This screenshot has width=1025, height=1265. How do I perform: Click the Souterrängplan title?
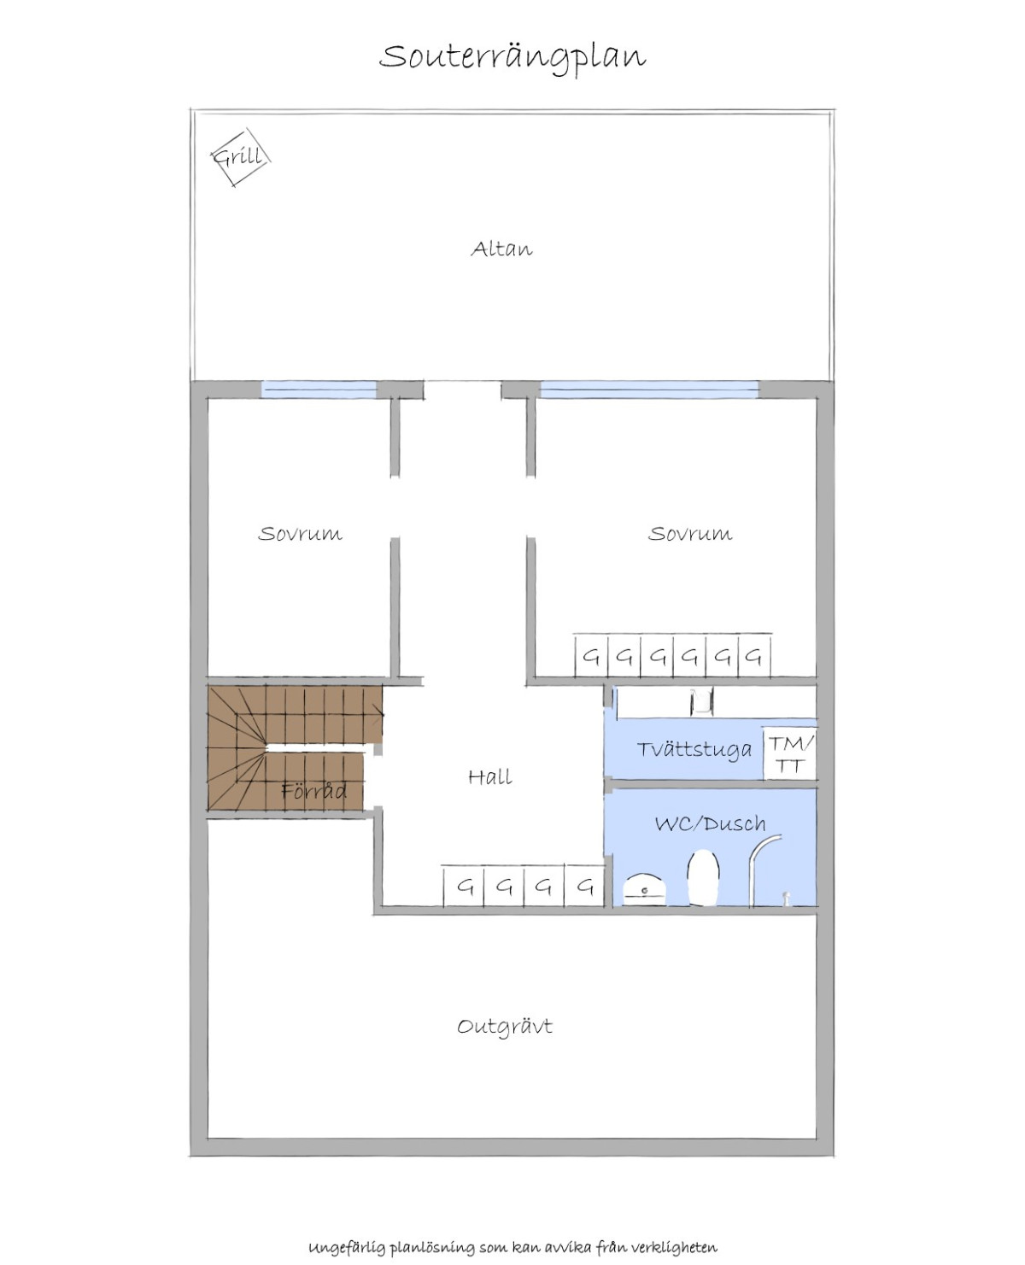tap(512, 58)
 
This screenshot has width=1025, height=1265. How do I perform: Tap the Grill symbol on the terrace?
tap(241, 157)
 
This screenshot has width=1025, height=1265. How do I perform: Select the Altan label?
tap(501, 249)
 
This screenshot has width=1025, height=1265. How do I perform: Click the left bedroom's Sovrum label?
tap(300, 533)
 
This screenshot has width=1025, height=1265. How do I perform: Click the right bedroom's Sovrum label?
tap(689, 533)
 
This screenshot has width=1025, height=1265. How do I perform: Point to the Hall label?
tap(490, 776)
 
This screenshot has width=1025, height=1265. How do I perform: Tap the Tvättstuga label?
tap(694, 749)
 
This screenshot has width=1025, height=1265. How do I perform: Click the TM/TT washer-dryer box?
tap(789, 753)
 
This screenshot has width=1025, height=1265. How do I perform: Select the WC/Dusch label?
tap(711, 823)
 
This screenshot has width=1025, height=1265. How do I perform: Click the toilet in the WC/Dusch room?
tap(703, 878)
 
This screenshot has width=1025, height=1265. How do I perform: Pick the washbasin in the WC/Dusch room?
tap(645, 889)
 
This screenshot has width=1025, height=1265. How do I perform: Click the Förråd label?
tap(313, 791)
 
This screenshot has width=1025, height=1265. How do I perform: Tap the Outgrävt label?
tap(505, 1027)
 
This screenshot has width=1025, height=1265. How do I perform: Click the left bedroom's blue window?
tap(319, 389)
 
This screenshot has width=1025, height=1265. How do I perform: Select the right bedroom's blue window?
tap(649, 389)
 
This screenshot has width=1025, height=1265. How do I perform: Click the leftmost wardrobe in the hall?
tap(464, 886)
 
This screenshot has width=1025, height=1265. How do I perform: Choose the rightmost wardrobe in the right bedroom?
tap(754, 656)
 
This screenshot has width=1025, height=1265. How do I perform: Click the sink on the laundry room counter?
tap(700, 702)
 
